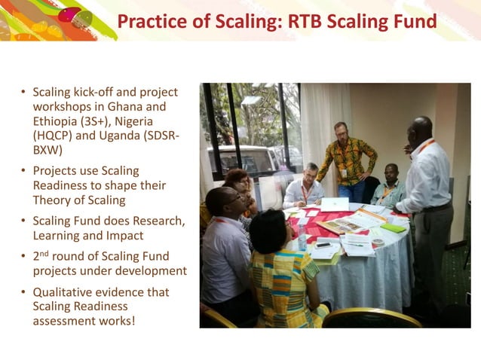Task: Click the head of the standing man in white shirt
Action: [x=421, y=129]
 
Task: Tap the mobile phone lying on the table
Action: [x=324, y=245]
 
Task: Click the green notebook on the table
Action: [x=393, y=227]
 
